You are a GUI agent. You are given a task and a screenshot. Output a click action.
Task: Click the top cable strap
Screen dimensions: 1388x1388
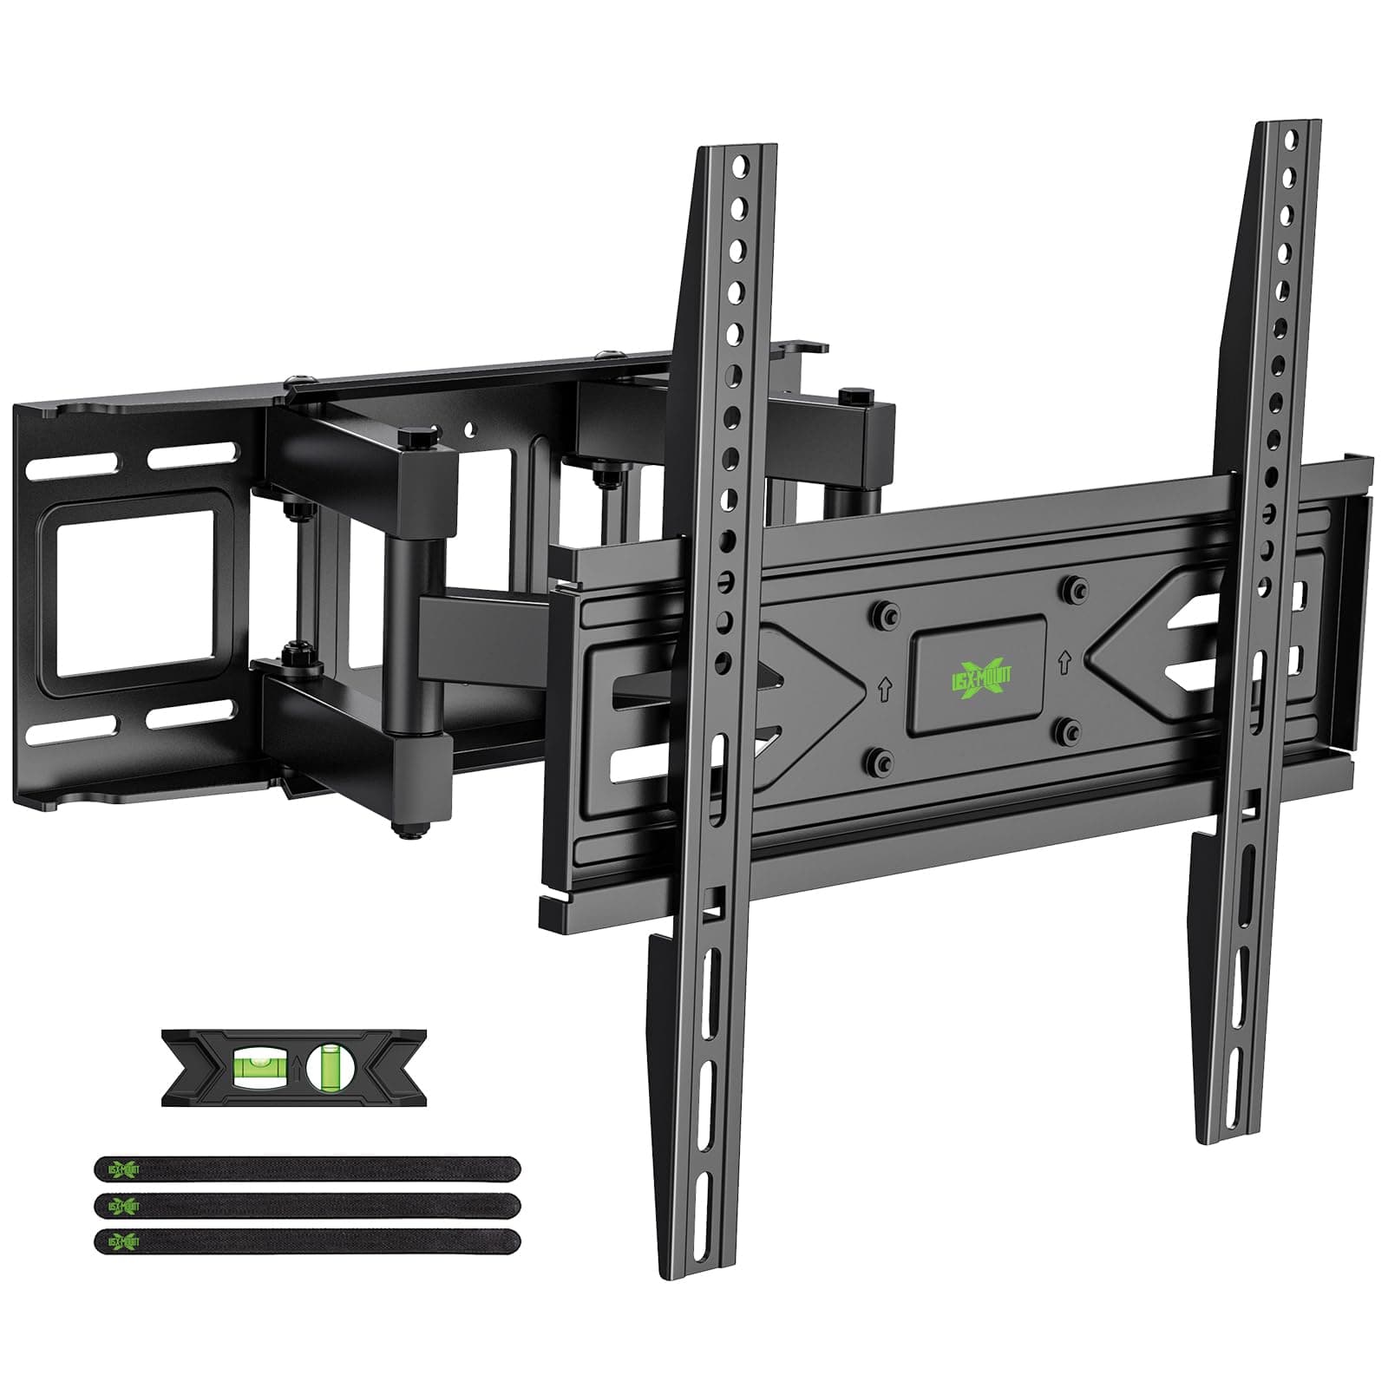pos(308,1169)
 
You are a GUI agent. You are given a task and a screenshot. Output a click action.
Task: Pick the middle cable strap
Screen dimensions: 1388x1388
pos(308,1205)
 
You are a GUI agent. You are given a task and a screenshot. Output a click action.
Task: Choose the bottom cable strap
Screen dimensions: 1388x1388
pos(308,1241)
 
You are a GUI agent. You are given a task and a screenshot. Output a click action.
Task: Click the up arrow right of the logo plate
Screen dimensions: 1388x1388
pos(1063,662)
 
